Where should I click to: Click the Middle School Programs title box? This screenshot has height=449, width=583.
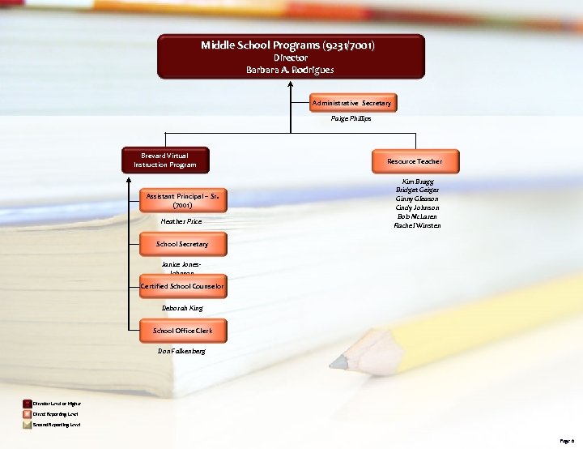click(290, 56)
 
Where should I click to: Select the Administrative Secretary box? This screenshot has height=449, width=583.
click(351, 103)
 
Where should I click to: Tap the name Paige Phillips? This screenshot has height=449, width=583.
click(351, 118)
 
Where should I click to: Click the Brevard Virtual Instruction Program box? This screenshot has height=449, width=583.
click(165, 160)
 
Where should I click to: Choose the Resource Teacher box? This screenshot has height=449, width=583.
click(415, 161)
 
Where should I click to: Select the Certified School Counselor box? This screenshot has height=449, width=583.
click(182, 286)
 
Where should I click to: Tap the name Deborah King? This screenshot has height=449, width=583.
click(182, 308)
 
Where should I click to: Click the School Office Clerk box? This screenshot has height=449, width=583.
click(182, 331)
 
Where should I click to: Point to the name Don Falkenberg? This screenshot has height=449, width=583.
click(181, 351)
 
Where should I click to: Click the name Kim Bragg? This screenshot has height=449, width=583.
click(417, 182)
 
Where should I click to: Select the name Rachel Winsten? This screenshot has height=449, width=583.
click(417, 225)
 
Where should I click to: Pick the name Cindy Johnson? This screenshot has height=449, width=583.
click(417, 207)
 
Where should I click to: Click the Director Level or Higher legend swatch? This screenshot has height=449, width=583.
click(28, 404)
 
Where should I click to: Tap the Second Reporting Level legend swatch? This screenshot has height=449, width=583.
click(28, 424)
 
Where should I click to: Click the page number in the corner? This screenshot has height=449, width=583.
click(566, 441)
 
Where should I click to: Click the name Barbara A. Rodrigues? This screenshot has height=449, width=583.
click(290, 70)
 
